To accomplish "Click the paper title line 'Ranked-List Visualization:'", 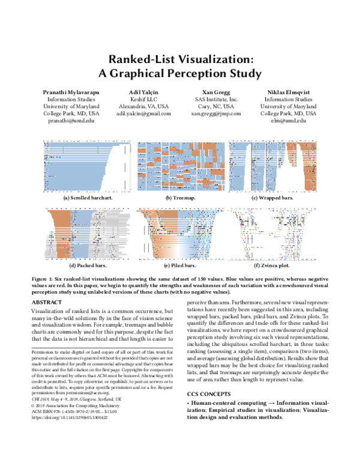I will [180, 60].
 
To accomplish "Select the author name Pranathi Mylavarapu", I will [71, 91].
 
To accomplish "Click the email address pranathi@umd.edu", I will [71, 120].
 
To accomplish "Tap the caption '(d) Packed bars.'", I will [90, 265].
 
